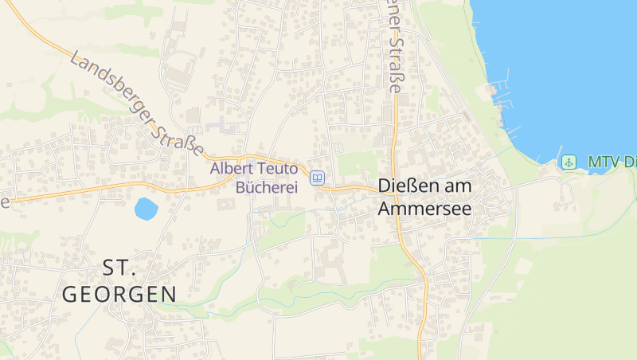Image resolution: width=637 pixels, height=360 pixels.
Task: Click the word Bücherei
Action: [266, 187]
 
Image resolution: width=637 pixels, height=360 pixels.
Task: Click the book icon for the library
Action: [318, 178]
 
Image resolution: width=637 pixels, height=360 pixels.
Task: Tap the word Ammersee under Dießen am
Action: [424, 209]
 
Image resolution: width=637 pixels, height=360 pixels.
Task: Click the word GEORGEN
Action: [119, 294]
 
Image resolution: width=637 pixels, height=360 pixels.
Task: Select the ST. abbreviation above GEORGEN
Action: [119, 267]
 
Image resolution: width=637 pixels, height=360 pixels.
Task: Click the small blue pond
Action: [146, 209]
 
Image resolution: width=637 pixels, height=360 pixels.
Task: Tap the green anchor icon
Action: [569, 162]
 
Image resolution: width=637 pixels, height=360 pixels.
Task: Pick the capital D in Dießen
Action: [385, 187]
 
